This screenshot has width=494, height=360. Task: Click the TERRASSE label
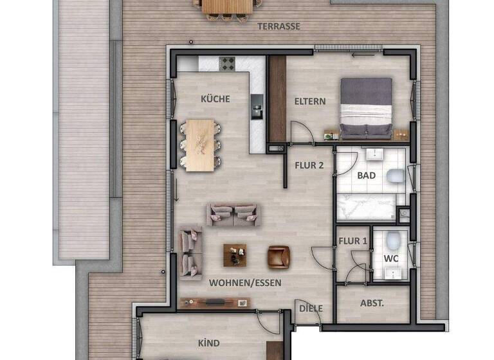tap(279, 26)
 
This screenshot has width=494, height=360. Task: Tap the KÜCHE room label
tap(215, 99)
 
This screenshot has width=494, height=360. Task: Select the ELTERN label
tap(310, 101)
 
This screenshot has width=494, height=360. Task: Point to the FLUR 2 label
tap(309, 165)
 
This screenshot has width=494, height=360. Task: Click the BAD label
tap(367, 175)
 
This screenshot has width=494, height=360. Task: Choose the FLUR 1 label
tap(352, 241)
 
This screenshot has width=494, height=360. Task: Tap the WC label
tap(391, 258)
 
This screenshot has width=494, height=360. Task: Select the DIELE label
tap(311, 309)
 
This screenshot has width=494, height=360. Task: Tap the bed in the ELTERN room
tap(365, 107)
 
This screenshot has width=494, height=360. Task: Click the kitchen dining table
tap(201, 145)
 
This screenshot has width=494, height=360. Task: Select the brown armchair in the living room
tap(279, 256)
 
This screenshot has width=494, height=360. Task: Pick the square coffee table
tap(235, 255)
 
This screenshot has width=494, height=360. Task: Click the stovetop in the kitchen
tap(227, 63)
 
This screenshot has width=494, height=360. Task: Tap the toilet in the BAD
tap(396, 176)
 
